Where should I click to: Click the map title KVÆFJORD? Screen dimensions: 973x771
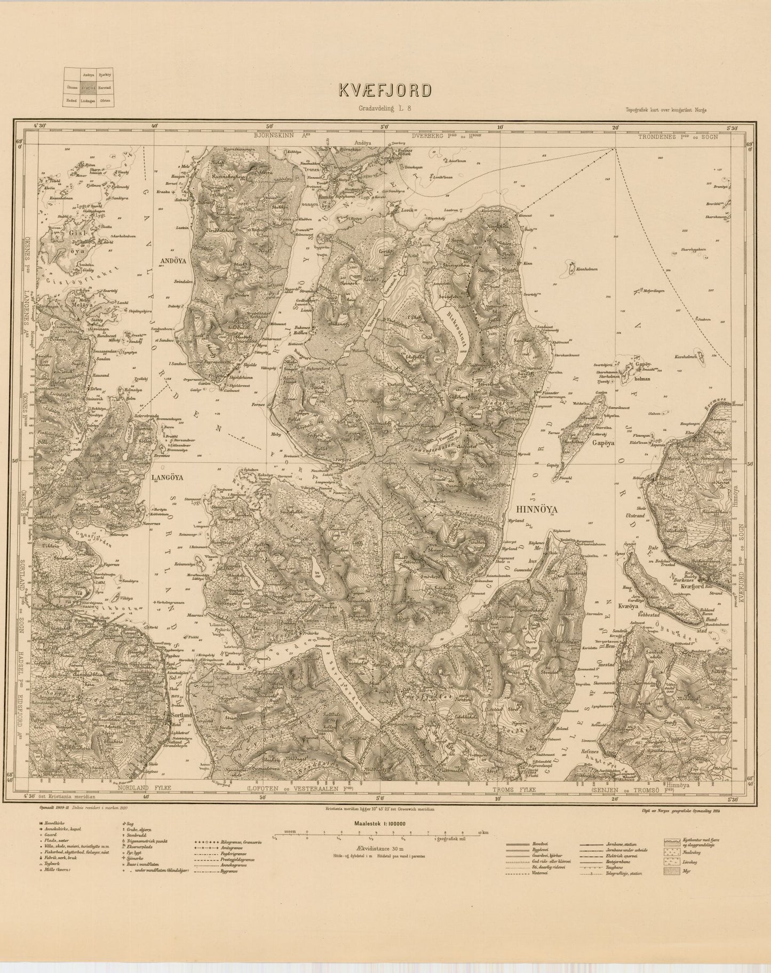[x=385, y=90]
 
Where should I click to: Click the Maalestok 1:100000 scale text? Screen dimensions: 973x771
[x=378, y=823]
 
